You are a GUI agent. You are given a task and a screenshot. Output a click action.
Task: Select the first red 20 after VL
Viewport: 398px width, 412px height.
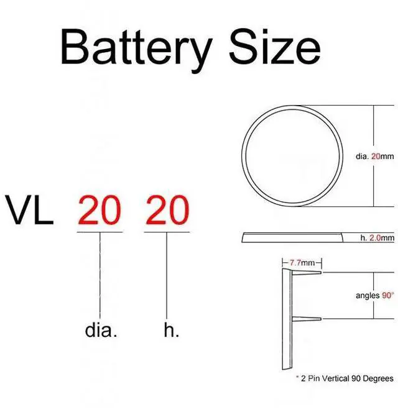(99, 211)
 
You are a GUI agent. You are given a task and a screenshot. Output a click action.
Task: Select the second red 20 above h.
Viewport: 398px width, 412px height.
(166, 211)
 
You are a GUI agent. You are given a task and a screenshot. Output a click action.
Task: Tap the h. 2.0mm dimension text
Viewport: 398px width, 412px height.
(377, 238)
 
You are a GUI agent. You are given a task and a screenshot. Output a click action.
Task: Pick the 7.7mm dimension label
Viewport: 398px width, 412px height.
(301, 263)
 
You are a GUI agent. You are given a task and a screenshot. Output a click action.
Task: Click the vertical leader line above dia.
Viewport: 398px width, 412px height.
(100, 273)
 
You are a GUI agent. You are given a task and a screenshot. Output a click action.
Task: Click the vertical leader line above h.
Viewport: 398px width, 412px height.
(166, 273)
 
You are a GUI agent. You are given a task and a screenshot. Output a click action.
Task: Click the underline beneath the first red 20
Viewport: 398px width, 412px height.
(99, 233)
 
